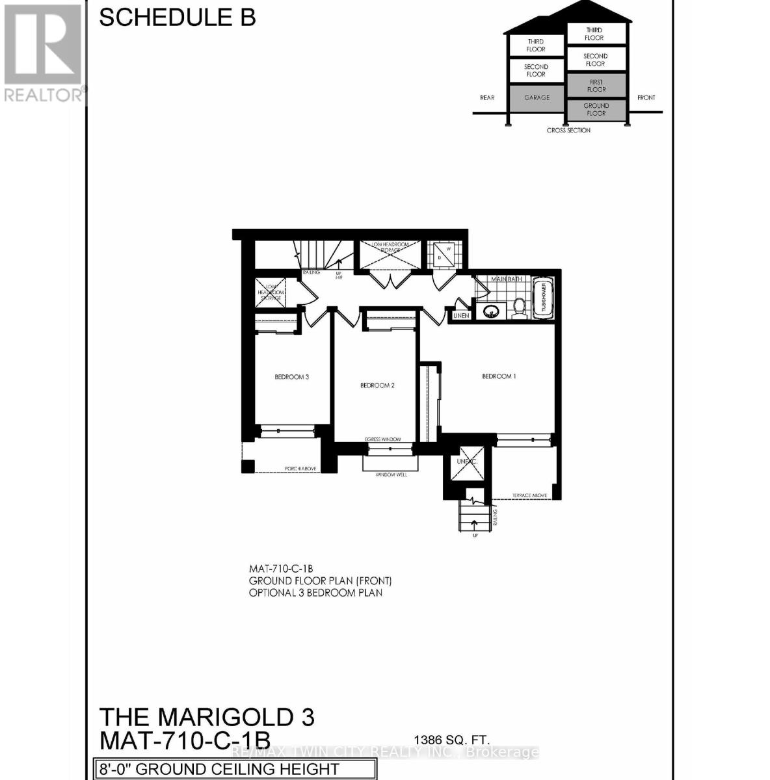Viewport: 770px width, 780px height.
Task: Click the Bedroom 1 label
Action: pos(499,376)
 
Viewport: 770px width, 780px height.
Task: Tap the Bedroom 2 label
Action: pos(377,385)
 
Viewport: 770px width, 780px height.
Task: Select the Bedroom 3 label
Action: pos(291,377)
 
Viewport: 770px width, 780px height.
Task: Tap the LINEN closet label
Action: pos(461,316)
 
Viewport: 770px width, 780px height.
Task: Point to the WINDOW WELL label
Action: pos(391,475)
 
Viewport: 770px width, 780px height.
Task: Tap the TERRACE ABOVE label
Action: pos(529,495)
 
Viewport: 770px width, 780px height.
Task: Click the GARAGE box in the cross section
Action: pos(537,97)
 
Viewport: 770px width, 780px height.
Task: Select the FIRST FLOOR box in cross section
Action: pos(596,86)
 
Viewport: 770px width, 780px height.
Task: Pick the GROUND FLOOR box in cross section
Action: pos(596,109)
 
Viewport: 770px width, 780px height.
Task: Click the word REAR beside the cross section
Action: pos(487,97)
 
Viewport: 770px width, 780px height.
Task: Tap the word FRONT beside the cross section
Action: pos(646,97)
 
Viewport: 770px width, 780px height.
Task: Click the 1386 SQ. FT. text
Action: pos(453,739)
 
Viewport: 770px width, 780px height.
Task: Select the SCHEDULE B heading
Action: pos(177,18)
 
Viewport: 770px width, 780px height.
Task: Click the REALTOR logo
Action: pos(43,52)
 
